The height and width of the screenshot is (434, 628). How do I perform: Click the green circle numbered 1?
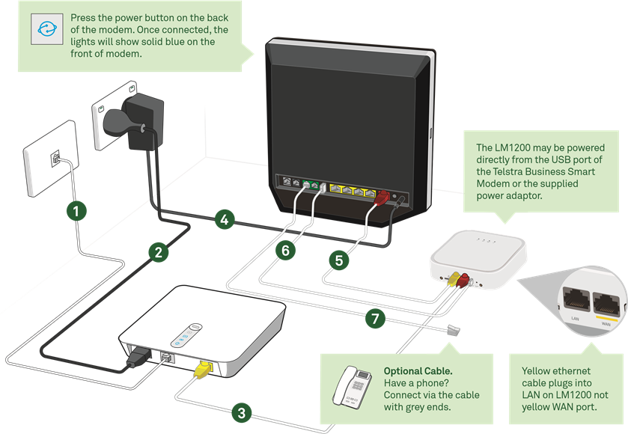tap(76, 211)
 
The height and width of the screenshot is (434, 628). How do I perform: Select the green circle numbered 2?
tap(157, 252)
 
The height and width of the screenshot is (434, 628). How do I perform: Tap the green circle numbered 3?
tap(240, 412)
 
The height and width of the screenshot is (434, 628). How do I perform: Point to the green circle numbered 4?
tap(222, 220)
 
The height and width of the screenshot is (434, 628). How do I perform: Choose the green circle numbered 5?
tap(339, 260)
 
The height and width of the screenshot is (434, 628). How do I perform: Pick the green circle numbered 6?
tap(285, 251)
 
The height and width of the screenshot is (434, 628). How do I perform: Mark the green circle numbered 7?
tap(376, 319)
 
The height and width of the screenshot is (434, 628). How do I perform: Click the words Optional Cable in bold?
tap(418, 371)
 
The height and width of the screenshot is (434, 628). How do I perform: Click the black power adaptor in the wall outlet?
tap(133, 120)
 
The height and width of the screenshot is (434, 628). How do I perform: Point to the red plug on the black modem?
tap(379, 198)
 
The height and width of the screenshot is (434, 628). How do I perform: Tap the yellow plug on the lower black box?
tap(202, 368)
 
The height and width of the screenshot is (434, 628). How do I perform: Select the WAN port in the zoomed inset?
tap(607, 302)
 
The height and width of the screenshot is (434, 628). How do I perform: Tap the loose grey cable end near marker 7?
tap(452, 330)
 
